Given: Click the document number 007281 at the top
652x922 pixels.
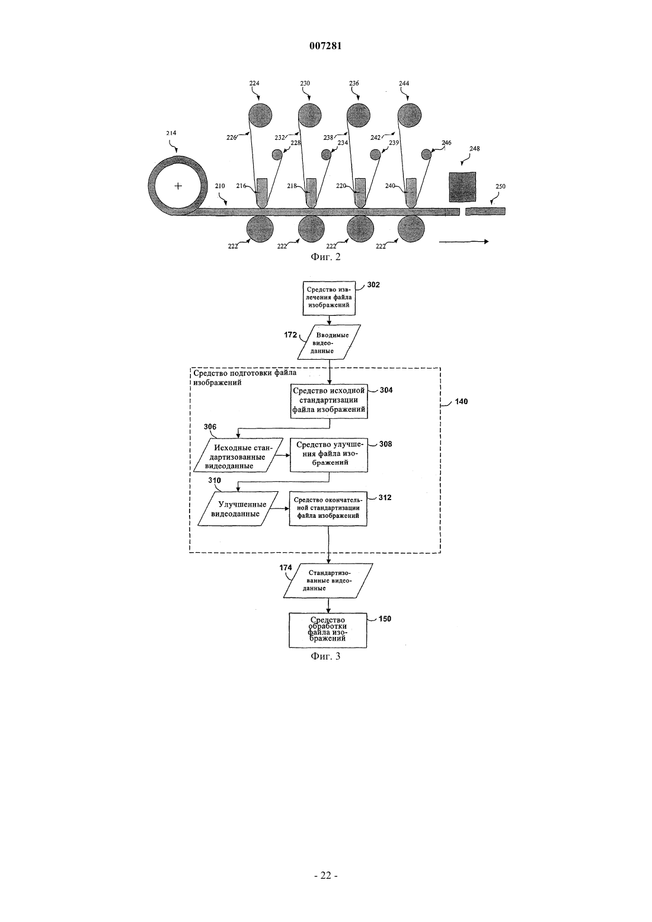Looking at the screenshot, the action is pyautogui.click(x=325, y=46).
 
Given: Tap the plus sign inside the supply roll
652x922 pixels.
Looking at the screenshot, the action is pyautogui.click(x=178, y=186).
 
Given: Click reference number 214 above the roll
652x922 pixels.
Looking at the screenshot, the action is pyautogui.click(x=171, y=133).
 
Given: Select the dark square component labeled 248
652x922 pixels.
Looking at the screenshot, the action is pyautogui.click(x=462, y=187).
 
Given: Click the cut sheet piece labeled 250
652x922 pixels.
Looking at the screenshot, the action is pyautogui.click(x=485, y=211).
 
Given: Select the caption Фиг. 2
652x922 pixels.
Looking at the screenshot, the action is pyautogui.click(x=325, y=257).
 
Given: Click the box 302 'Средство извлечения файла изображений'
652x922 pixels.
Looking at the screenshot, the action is pyautogui.click(x=329, y=299).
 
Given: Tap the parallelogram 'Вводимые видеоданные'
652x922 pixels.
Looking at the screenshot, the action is pyautogui.click(x=329, y=342).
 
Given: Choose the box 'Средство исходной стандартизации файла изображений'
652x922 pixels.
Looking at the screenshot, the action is pyautogui.click(x=329, y=401).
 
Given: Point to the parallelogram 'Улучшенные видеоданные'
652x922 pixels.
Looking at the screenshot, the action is pyautogui.click(x=238, y=508).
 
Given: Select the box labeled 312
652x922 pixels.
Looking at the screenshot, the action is pyautogui.click(x=328, y=508).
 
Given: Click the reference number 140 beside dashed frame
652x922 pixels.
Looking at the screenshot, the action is pyautogui.click(x=461, y=402).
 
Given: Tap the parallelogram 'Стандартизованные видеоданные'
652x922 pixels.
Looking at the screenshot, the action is pyautogui.click(x=328, y=581).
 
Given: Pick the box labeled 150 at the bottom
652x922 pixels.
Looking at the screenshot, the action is pyautogui.click(x=328, y=630).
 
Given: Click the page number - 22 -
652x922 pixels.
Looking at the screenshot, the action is pyautogui.click(x=325, y=876).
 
